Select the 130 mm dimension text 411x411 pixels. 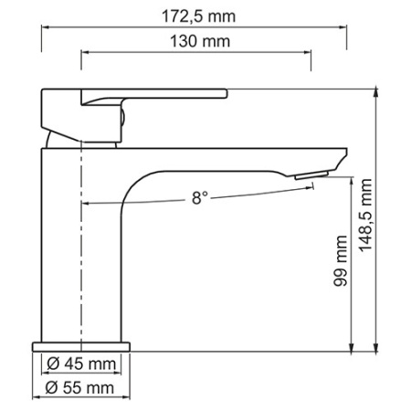coord(197,41)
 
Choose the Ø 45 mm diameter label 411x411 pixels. coord(81,365)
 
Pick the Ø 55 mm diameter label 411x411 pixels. coord(81,389)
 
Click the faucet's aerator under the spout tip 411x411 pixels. coord(311,174)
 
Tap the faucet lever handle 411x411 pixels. coord(155,95)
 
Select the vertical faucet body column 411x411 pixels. coord(82,256)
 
